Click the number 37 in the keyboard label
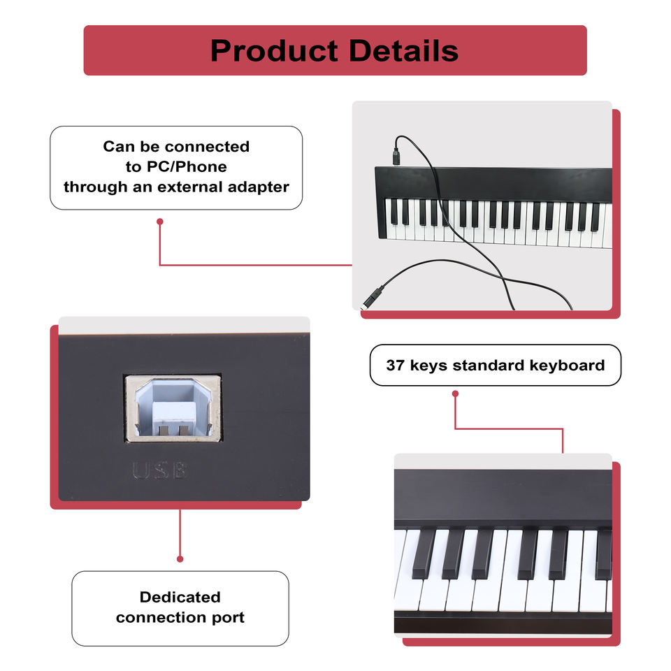[x=396, y=365]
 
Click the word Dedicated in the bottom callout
[x=180, y=597]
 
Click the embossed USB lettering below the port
[x=160, y=471]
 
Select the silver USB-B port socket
[x=173, y=408]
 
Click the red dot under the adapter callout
[x=160, y=222]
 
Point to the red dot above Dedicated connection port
[x=180, y=558]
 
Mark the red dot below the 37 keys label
[x=455, y=394]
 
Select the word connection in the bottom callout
[x=159, y=617]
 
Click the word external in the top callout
[x=189, y=187]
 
